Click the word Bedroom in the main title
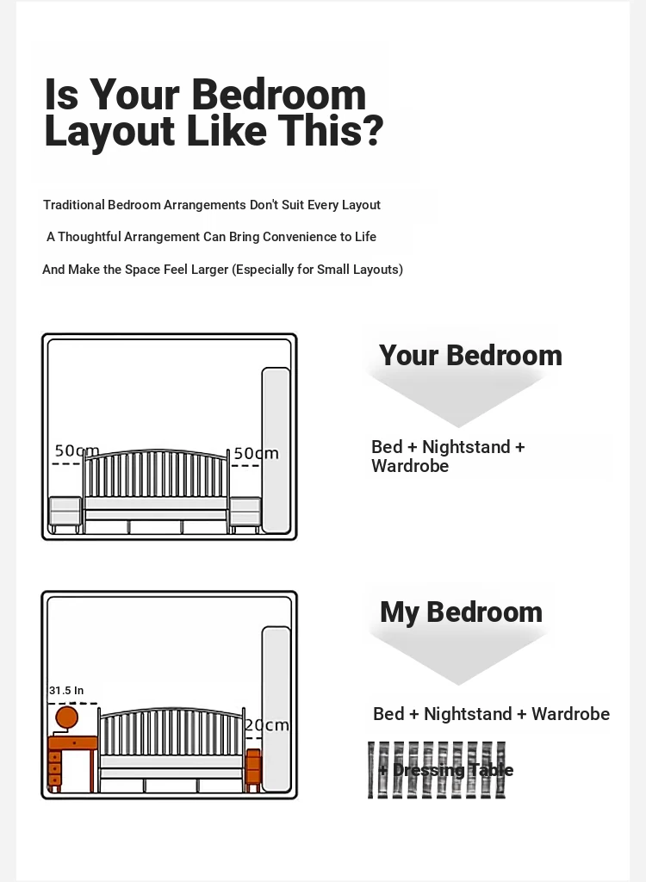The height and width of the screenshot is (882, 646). point(279,94)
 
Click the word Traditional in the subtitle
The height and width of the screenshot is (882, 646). point(74,205)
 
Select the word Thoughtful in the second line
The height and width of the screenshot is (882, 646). point(89,237)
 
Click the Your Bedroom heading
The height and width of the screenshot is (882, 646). point(470,356)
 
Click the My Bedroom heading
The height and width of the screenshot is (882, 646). point(462,612)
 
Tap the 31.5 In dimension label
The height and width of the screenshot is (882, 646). point(66,690)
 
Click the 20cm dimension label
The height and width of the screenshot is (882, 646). point(267,725)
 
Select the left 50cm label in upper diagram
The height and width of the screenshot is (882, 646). point(78,450)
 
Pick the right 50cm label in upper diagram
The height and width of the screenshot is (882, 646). point(256,453)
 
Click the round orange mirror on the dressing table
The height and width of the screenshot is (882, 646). point(66,718)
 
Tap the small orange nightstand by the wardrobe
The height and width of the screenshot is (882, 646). point(253,769)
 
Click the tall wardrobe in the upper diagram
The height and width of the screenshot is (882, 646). point(276,450)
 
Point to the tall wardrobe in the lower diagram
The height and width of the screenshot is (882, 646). point(276,710)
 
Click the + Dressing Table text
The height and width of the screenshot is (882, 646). point(445,769)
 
